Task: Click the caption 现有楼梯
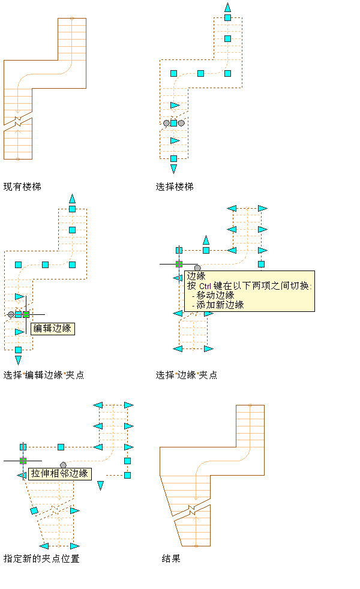pos(22,187)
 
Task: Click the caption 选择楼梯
pos(175,187)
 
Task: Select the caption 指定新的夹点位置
pos(41,558)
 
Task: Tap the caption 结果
pos(171,558)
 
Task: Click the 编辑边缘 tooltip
pos(52,328)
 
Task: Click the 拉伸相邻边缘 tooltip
pos(60,473)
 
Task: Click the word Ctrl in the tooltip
pos(206,286)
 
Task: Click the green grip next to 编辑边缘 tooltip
pos(26,314)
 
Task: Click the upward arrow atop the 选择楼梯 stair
pos(227,7)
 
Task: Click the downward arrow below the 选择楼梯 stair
pos(173,169)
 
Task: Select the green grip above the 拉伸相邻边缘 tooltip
pos(23,460)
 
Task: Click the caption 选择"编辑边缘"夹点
pos(44,375)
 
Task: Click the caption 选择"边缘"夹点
pos(187,375)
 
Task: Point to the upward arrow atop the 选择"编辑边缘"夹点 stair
pos(72,198)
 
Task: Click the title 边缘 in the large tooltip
pos(196,277)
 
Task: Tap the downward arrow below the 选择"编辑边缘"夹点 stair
pos(18,360)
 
